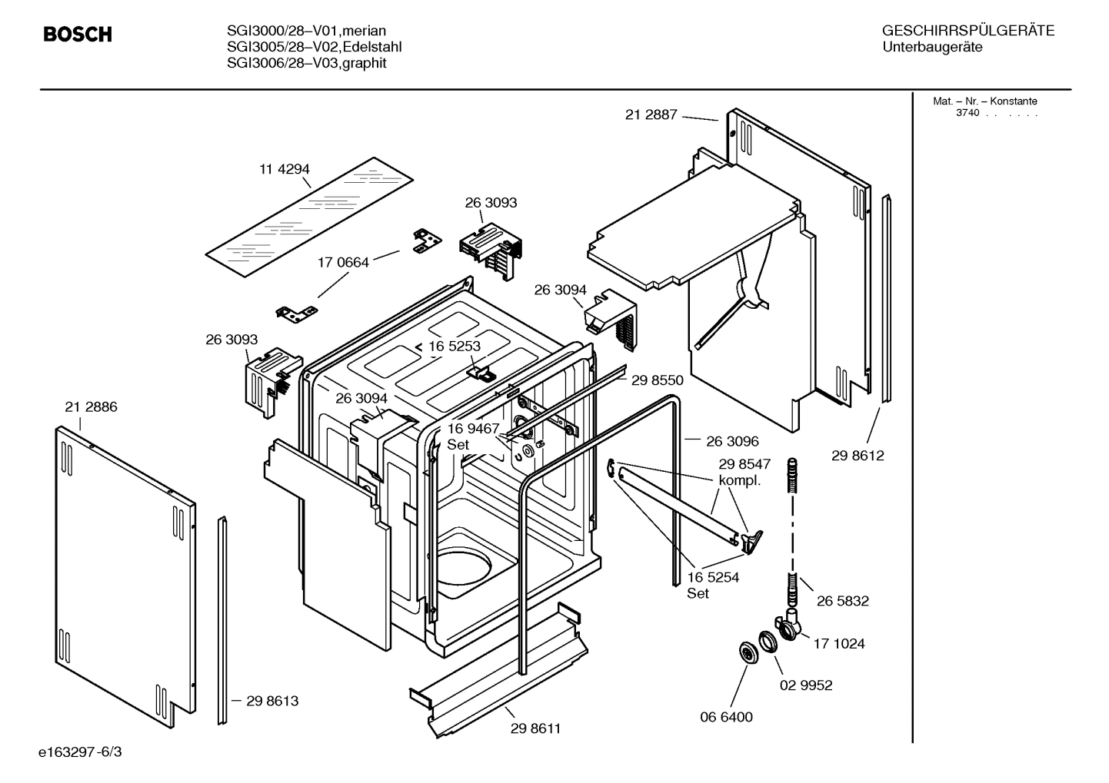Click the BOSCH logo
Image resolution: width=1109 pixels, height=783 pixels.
pos(78,35)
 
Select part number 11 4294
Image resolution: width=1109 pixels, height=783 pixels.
pos(284,169)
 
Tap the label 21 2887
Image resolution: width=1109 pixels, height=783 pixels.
pos(651,114)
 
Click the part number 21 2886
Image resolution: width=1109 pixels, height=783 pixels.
pos(91,407)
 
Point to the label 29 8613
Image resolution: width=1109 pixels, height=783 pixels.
pos(272,701)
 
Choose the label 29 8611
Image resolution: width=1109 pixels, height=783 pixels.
pos(535,728)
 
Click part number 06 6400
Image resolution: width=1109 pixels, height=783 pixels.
pos(726,717)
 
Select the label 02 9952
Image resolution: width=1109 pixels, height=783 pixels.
pos(806,685)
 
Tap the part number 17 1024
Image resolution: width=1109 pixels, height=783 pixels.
pos(838,644)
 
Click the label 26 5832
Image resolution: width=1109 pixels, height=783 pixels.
pos(842,601)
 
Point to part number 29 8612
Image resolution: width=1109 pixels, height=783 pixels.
pos(858,456)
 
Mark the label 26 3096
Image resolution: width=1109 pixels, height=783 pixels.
pos(732,441)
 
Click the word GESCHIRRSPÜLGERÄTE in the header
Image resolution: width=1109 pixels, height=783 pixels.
pos(967,32)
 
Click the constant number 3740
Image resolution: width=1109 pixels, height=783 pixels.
pos(967,113)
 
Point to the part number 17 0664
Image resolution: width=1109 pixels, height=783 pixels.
pos(343,262)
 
